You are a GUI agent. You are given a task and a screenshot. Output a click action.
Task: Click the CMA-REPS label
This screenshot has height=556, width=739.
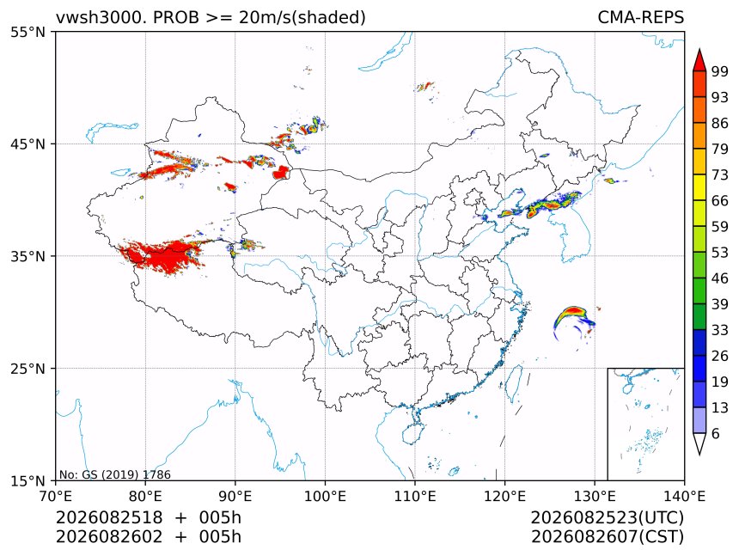[640, 17]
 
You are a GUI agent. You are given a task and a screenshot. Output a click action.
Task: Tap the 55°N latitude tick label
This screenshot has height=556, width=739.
[28, 32]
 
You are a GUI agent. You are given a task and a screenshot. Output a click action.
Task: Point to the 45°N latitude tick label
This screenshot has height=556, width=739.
[28, 144]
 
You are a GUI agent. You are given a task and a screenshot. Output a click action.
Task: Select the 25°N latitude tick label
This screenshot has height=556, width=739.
[28, 369]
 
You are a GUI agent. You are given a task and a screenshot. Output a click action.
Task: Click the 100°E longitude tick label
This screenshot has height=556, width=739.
[325, 496]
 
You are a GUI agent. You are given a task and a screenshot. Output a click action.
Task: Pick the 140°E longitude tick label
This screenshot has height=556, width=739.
[684, 496]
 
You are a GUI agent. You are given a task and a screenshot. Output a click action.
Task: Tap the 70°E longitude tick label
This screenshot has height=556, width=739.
[56, 496]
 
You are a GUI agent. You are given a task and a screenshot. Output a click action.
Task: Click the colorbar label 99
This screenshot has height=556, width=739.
[720, 71]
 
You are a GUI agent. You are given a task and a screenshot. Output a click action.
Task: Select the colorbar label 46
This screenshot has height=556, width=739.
[720, 278]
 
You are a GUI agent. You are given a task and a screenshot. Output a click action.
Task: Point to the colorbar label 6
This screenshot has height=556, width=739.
[716, 433]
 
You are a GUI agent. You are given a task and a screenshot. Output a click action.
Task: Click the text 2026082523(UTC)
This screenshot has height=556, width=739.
[607, 517]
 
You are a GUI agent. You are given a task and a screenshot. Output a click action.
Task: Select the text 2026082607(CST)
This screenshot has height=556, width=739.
[607, 537]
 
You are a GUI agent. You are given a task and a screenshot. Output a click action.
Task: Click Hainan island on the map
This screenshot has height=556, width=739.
[413, 433]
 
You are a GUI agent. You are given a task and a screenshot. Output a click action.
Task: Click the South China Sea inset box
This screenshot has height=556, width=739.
[645, 424]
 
